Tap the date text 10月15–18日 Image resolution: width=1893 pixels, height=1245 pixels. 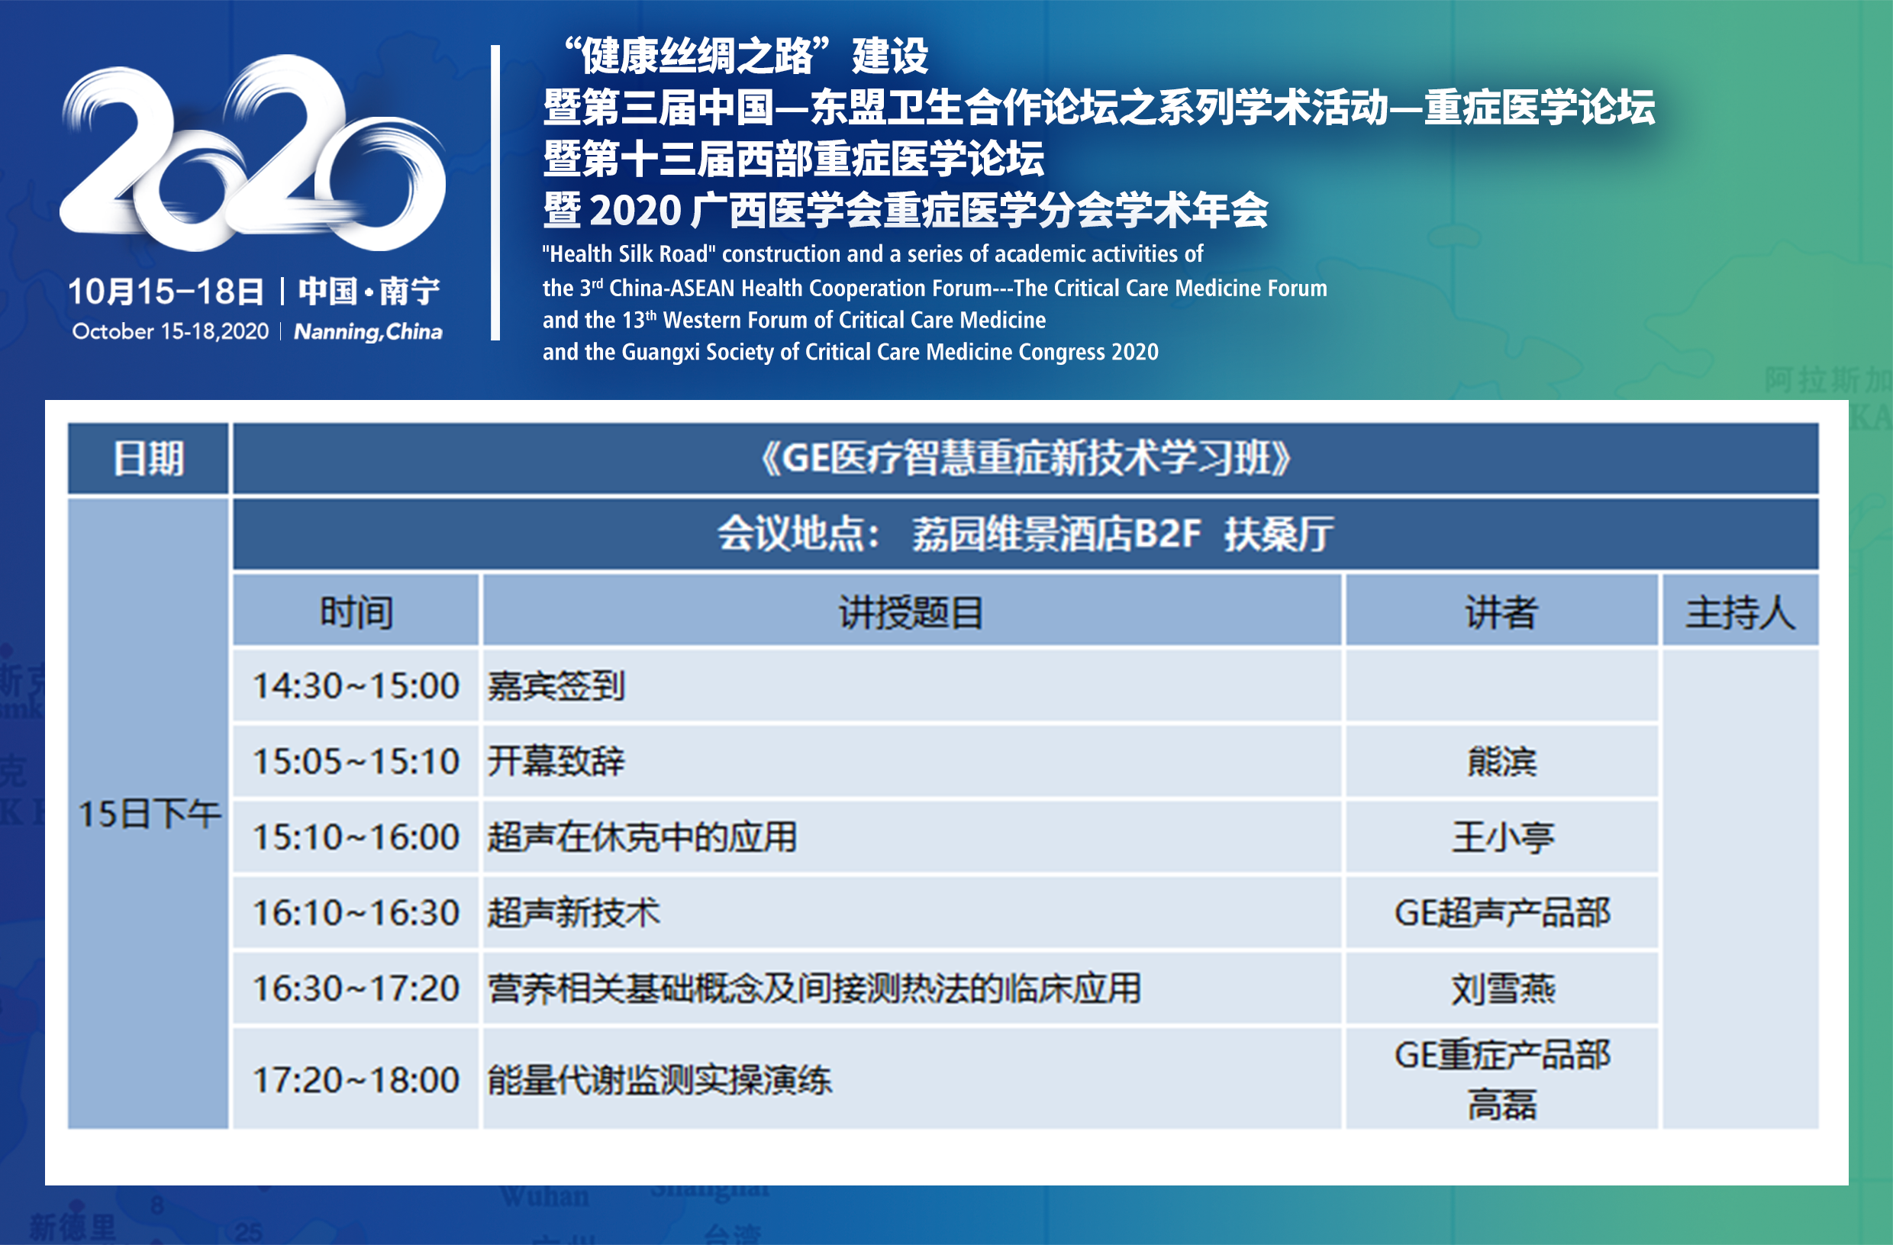(166, 291)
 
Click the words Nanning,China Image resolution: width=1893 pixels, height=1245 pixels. (368, 332)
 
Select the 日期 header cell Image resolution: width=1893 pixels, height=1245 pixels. (149, 458)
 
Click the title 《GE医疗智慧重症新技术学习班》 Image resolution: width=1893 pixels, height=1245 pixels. (1025, 458)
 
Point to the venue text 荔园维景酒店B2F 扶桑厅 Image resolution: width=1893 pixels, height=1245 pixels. (1123, 534)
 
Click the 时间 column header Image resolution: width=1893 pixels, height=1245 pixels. (356, 611)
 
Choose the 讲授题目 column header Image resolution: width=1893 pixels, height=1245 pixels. (911, 611)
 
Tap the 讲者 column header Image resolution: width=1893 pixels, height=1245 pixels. (1501, 611)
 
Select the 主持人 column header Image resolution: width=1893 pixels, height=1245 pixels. (1740, 612)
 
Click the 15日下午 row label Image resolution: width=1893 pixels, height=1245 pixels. (150, 814)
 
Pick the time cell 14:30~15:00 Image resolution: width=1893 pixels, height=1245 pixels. (356, 685)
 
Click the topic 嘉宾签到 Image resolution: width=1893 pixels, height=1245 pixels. (556, 685)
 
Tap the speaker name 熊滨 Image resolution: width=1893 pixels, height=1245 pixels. (1501, 761)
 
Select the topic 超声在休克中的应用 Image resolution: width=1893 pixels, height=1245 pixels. (642, 837)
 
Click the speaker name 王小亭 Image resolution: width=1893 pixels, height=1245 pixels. (1501, 837)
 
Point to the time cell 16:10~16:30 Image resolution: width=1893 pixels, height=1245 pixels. (356, 912)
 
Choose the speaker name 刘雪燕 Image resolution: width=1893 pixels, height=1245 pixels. (1501, 989)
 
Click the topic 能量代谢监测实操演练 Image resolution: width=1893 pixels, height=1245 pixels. (659, 1079)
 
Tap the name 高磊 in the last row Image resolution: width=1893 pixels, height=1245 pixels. (1501, 1105)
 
